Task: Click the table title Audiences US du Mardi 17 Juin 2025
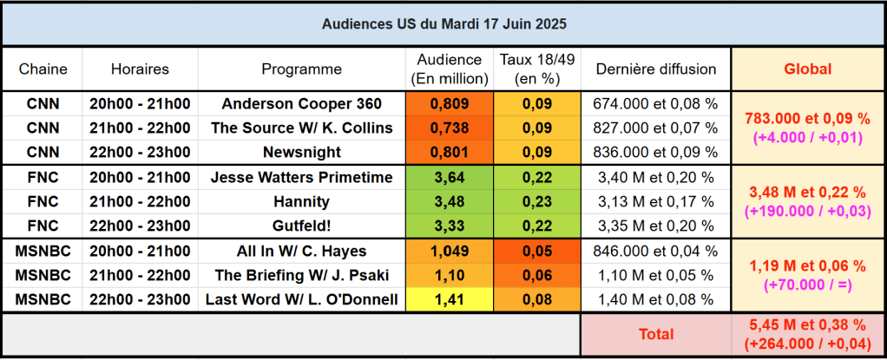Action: (x=443, y=23)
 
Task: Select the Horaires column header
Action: (x=140, y=69)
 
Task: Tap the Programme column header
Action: (x=301, y=69)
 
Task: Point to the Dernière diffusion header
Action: (x=655, y=69)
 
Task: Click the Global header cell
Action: (x=807, y=69)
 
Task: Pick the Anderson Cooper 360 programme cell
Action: (x=301, y=104)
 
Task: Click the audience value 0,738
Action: (x=449, y=128)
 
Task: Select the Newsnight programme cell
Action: (x=301, y=153)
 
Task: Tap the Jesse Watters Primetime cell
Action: (x=301, y=178)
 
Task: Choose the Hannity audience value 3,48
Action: (x=449, y=202)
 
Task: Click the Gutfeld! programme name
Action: (x=301, y=226)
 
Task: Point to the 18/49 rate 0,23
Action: (x=538, y=202)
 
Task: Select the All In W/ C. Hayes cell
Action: (x=301, y=252)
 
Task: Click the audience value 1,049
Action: (x=449, y=252)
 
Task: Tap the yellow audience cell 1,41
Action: (x=449, y=300)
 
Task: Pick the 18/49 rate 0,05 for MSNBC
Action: (x=538, y=252)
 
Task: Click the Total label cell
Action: (x=655, y=334)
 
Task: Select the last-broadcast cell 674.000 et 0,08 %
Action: (x=655, y=104)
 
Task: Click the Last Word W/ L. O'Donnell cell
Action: (x=301, y=300)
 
